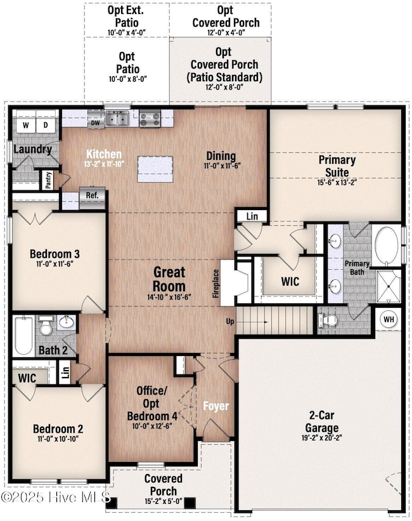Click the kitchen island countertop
pyautogui.click(x=155, y=169)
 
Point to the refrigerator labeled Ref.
pyautogui.click(x=93, y=199)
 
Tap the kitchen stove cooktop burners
pyautogui.click(x=150, y=119)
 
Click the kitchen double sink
pyautogui.click(x=117, y=118)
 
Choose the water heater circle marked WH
pyautogui.click(x=389, y=319)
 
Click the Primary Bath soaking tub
pyautogui.click(x=387, y=246)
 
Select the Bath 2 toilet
pyautogui.click(x=46, y=326)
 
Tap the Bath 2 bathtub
pyautogui.click(x=23, y=336)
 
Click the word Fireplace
pyautogui.click(x=216, y=284)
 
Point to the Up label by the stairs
pyautogui.click(x=230, y=322)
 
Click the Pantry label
pyautogui.click(x=49, y=180)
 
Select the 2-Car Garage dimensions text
pyautogui.click(x=322, y=438)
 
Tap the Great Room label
pyautogui.click(x=169, y=279)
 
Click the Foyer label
pyautogui.click(x=216, y=406)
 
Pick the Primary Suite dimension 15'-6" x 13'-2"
pyautogui.click(x=337, y=182)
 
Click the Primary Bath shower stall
pyautogui.click(x=389, y=287)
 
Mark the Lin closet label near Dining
pyautogui.click(x=252, y=216)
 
